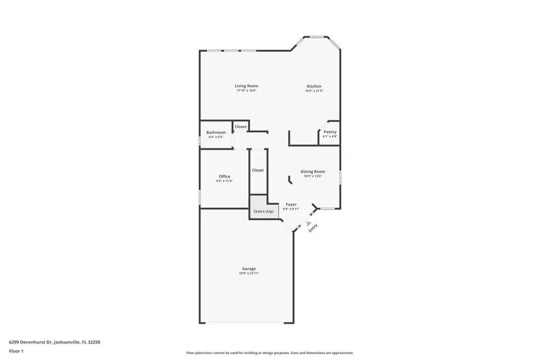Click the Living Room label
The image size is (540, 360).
click(246, 86)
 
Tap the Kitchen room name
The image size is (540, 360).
click(314, 86)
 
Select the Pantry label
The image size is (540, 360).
click(330, 132)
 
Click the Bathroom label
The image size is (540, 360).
click(216, 132)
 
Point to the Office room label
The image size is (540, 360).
click(224, 176)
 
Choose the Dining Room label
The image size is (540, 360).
click(313, 172)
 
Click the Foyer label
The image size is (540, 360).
click(291, 205)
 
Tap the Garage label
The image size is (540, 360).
click(249, 268)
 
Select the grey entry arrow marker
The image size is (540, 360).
click(308, 222)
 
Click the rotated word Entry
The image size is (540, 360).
click(313, 228)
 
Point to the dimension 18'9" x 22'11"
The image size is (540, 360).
click(249, 273)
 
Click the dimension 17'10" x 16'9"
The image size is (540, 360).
click(246, 91)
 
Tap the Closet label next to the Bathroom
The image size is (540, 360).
click(241, 127)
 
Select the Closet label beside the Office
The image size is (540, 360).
click(258, 170)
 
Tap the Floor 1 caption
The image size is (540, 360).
click(16, 351)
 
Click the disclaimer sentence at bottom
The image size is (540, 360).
click(270, 352)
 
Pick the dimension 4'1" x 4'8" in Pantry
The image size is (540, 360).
click(330, 137)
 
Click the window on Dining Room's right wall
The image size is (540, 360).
click(340, 178)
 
